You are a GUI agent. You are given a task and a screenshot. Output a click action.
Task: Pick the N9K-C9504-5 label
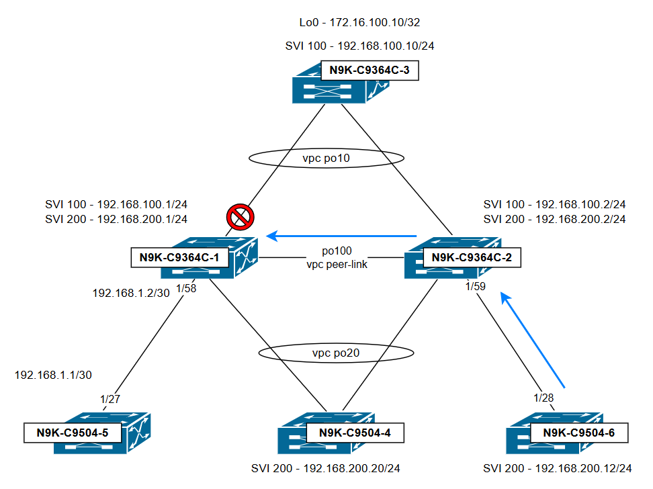point(73,433)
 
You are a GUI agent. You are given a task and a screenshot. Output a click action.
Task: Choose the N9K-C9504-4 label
point(355,433)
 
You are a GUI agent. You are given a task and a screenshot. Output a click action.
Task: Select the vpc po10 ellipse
point(326,158)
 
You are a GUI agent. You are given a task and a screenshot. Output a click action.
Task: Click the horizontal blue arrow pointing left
point(341,236)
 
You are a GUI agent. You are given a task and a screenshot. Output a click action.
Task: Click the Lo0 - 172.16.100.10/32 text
point(360,23)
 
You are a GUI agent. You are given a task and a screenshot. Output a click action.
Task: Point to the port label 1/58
point(186,289)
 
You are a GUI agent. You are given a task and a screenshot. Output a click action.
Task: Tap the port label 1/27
point(110,399)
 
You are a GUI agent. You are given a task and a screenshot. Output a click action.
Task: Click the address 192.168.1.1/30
point(53,374)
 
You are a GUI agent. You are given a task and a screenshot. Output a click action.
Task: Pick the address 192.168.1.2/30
point(130,294)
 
